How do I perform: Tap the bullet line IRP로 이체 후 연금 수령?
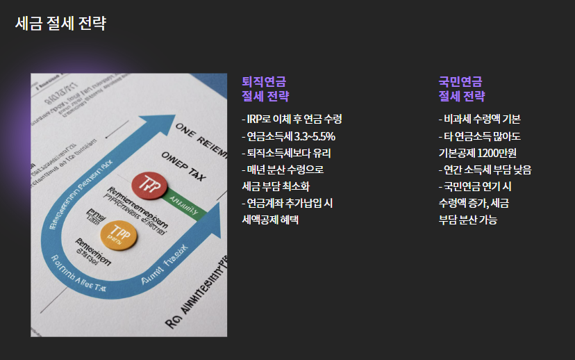point(292,119)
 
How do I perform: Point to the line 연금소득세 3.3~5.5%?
point(288,136)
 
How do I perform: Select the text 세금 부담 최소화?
point(276,186)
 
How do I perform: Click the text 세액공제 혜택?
point(270,220)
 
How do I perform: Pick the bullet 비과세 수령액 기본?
point(480,119)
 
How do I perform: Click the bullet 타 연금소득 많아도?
point(480,136)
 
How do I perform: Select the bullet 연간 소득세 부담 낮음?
point(485,170)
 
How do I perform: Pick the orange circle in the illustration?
point(116,235)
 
